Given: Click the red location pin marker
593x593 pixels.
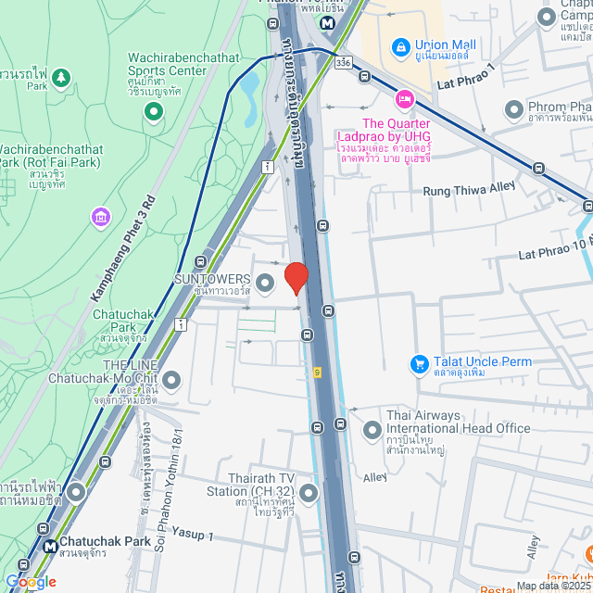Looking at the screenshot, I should click(x=296, y=277).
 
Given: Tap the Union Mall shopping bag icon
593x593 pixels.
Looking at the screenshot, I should click(x=400, y=44).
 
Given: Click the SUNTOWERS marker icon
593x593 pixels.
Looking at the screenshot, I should click(x=265, y=282).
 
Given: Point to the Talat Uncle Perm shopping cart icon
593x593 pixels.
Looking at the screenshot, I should click(x=419, y=364).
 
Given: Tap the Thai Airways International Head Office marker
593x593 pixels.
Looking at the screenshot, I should click(x=372, y=430).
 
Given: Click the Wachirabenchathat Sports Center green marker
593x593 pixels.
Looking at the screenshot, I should click(x=154, y=112).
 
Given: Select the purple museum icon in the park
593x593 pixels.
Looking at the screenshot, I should click(x=100, y=217).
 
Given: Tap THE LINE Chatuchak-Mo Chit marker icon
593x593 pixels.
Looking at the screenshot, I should click(x=171, y=380).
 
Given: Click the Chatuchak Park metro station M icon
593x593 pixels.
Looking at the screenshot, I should click(x=48, y=545).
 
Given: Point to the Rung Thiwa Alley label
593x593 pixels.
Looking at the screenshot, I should click(x=469, y=190).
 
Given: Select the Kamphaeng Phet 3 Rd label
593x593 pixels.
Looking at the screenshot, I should click(x=121, y=249).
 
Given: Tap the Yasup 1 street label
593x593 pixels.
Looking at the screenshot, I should click(x=193, y=536).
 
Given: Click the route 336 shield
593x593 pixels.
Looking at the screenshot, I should click(x=344, y=62).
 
